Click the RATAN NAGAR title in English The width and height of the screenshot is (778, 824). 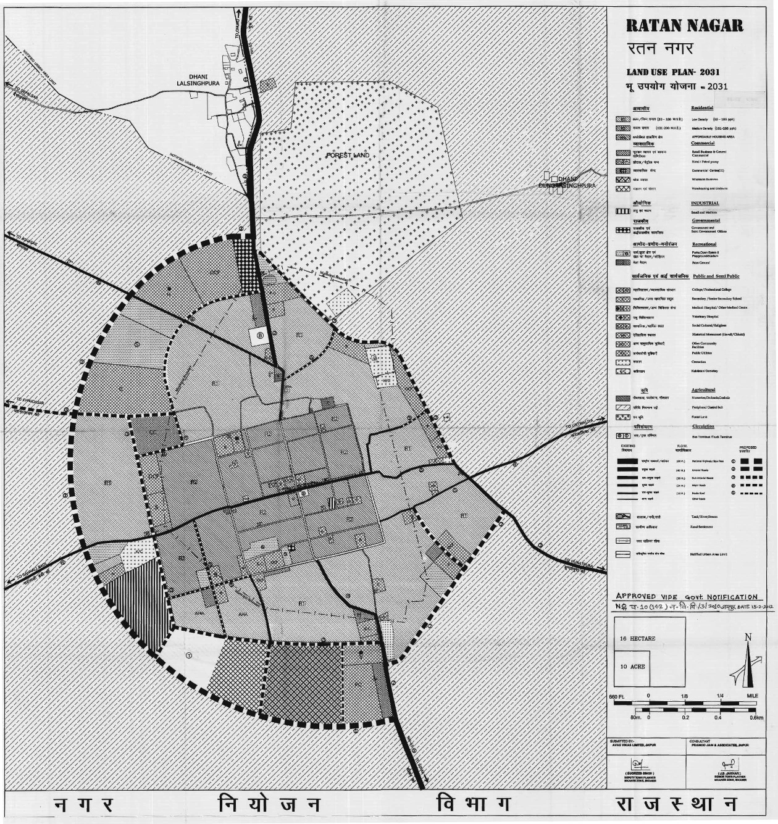tap(684, 26)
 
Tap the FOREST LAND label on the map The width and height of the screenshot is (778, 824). tap(348, 155)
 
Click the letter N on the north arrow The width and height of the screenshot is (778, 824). tap(748, 638)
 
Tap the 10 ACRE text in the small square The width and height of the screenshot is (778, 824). tap(632, 667)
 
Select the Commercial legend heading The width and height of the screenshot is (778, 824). tap(703, 143)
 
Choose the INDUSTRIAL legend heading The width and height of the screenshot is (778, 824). tap(705, 203)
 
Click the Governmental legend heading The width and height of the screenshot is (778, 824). tap(706, 220)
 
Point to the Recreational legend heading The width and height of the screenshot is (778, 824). tap(704, 244)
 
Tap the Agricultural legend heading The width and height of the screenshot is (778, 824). tap(703, 390)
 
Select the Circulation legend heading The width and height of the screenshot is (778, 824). tap(703, 427)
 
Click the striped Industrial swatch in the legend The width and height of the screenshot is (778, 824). tap(622, 211)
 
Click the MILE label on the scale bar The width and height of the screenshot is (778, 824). tap(752, 696)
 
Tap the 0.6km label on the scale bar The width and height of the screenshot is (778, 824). tap(756, 718)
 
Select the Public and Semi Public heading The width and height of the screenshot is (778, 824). tap(716, 277)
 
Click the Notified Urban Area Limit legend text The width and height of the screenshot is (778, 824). tap(708, 554)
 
